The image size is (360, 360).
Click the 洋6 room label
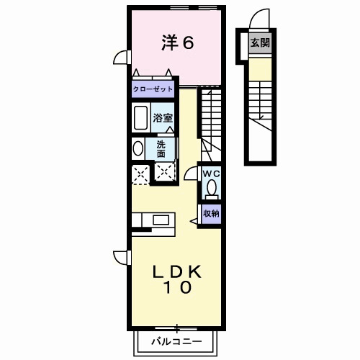(x=176, y=43)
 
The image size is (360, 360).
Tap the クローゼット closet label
(x=153, y=89)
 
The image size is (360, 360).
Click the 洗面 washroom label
(x=161, y=148)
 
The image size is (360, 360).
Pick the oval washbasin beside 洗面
(x=138, y=148)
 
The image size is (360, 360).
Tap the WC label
(x=210, y=174)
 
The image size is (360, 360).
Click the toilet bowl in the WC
(x=211, y=189)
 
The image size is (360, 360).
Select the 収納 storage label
(x=210, y=213)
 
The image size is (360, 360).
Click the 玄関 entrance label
(x=259, y=42)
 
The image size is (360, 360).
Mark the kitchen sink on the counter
(x=159, y=219)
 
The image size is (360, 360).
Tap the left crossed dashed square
(x=139, y=173)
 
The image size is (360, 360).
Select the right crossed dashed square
(x=165, y=173)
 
